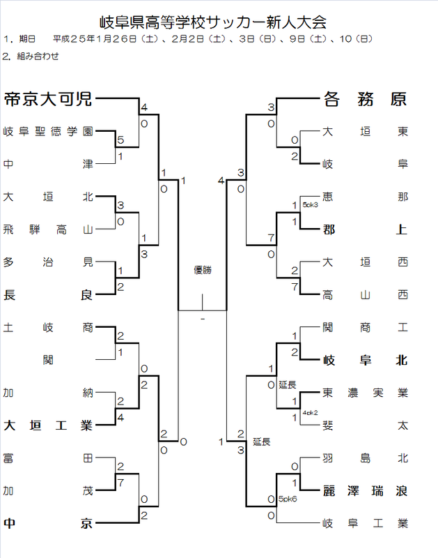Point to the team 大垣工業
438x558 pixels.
(x=47, y=425)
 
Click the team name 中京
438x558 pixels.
(x=47, y=523)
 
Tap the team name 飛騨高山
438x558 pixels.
(x=47, y=229)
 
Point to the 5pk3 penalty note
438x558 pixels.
(x=310, y=204)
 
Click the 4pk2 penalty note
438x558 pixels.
(x=310, y=412)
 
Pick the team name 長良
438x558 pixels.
(x=47, y=294)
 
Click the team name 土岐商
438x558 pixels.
(x=47, y=327)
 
